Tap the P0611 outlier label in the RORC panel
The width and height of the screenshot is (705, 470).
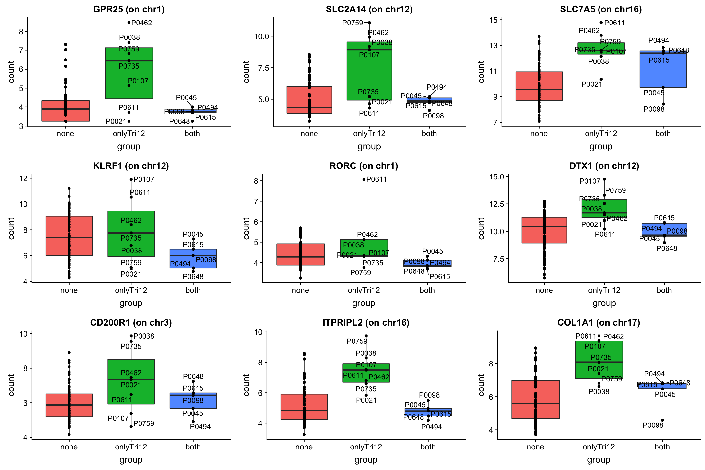376,179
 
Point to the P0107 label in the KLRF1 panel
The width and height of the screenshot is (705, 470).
144,179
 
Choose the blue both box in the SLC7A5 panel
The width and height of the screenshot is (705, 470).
663,72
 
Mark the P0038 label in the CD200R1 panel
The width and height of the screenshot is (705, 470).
144,336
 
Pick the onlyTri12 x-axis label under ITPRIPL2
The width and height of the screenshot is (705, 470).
366,447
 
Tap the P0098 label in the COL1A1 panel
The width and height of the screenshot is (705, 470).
653,425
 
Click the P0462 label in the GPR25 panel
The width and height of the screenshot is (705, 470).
142,23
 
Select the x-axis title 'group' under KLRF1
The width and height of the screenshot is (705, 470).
131,303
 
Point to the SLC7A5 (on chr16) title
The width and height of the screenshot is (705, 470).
601,9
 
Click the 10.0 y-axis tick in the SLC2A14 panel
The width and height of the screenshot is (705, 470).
261,36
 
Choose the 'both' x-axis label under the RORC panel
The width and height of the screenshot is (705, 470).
427,290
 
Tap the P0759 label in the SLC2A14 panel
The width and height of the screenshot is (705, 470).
352,23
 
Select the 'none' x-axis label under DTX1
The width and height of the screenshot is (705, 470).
544,290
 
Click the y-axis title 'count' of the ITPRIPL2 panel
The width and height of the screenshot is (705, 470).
247,385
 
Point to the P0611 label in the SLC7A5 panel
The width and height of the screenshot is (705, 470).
614,23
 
